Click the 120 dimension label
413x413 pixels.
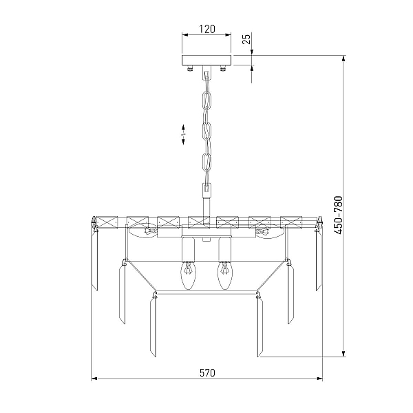(206, 29)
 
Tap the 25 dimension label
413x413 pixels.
(247, 39)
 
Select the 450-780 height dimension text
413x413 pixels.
(338, 215)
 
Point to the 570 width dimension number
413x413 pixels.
(207, 373)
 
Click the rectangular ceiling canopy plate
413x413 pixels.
(206, 61)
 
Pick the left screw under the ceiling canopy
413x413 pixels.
(190, 69)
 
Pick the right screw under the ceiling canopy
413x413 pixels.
(223, 69)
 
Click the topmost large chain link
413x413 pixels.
(206, 102)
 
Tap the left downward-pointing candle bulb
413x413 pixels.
(188, 276)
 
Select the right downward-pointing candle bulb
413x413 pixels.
(224, 276)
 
